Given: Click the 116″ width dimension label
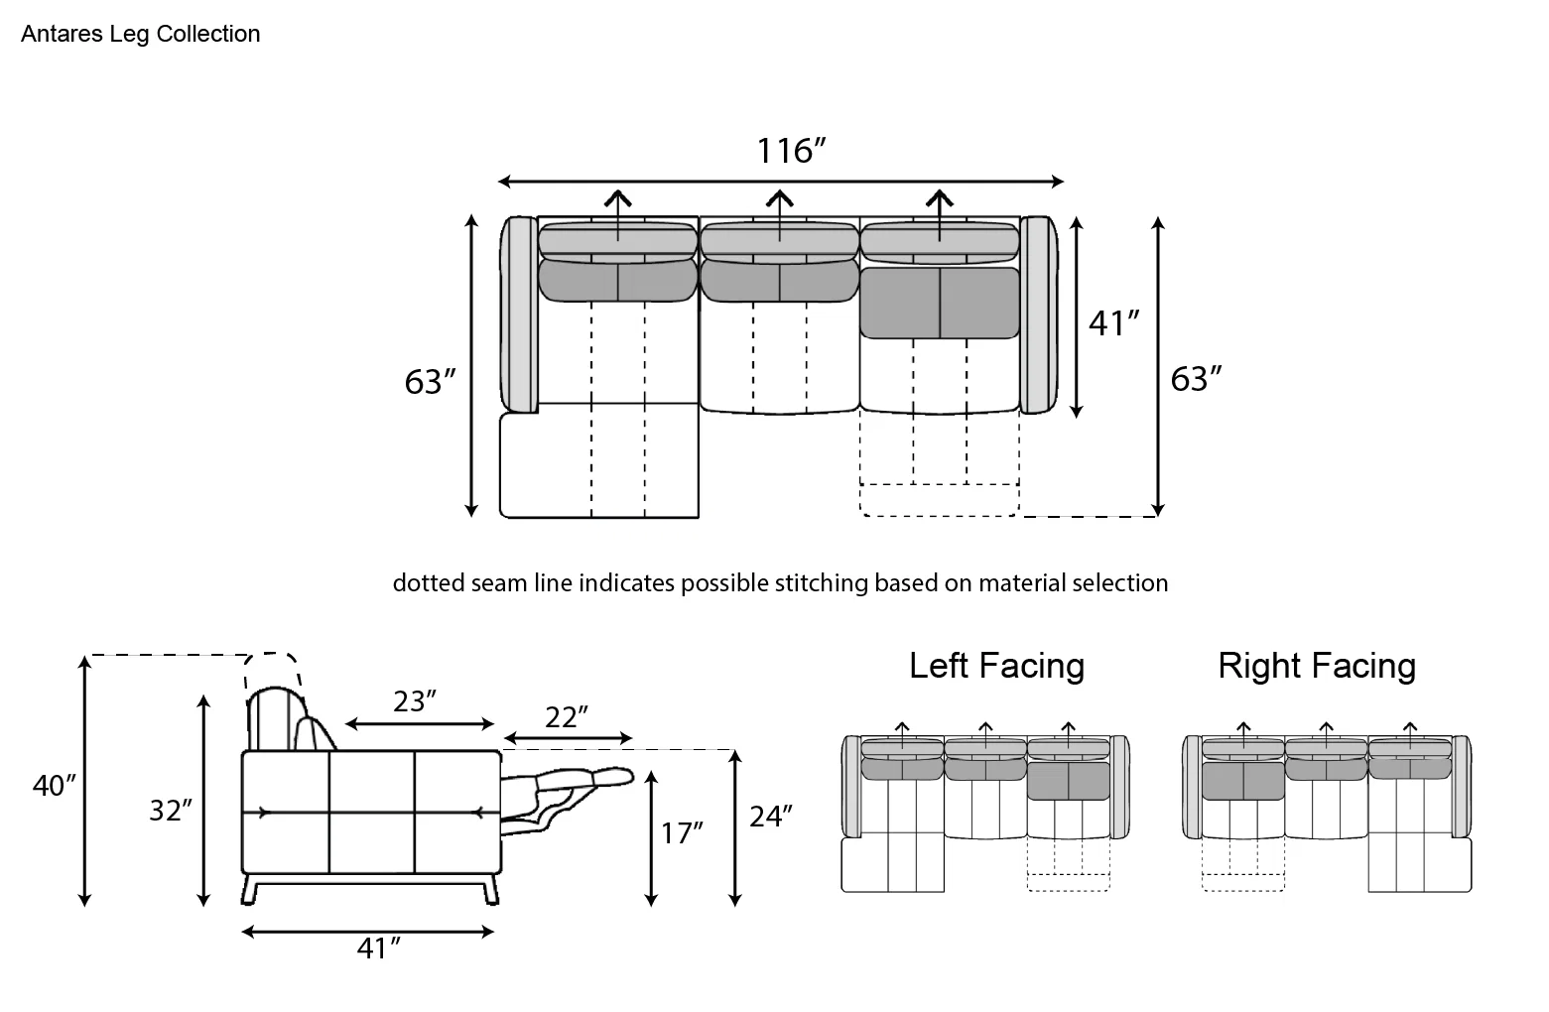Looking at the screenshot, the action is tap(791, 151).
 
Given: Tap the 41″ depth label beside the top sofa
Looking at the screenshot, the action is tap(1114, 323).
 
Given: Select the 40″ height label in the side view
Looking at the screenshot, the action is tap(54, 786).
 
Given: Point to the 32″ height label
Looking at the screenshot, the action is tap(171, 811).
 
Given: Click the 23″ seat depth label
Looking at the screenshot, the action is tap(414, 701).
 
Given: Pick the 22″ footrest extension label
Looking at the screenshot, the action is tap(567, 717).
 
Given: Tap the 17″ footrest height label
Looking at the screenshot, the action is tap(682, 833).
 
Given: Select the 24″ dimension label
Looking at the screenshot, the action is tap(770, 818).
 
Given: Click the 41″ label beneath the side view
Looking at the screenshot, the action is tap(378, 949).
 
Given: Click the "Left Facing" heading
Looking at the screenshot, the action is tap(996, 666).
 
